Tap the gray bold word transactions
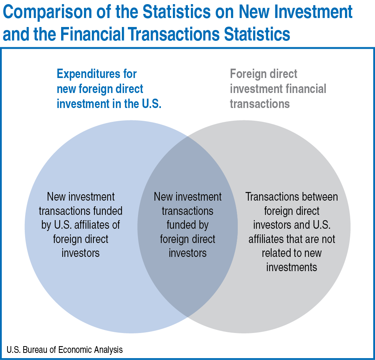click(x=260, y=103)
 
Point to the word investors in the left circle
click(x=81, y=253)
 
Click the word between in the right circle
click(x=319, y=197)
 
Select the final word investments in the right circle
click(x=292, y=267)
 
